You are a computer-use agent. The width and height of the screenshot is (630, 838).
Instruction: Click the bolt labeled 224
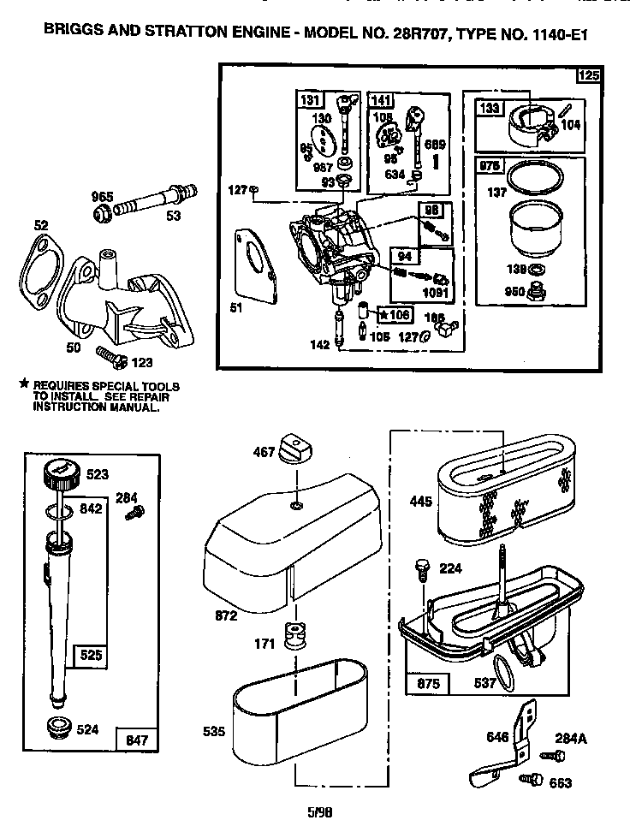coord(422,568)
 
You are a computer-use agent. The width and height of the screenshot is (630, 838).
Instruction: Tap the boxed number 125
coord(589,75)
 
